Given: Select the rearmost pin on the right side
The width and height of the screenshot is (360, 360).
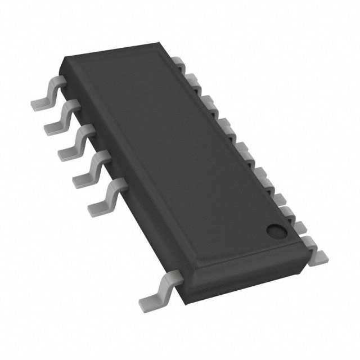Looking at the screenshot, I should point(179,63).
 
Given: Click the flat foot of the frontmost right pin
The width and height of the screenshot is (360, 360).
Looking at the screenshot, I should point(318,256).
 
